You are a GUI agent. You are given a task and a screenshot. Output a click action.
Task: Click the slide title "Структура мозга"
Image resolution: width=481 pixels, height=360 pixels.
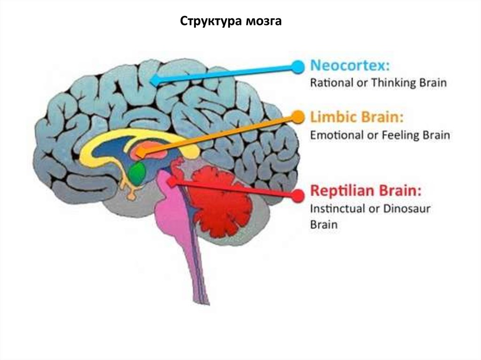(x=231, y=22)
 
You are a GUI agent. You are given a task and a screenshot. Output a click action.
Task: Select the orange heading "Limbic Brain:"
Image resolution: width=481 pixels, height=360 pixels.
(x=357, y=117)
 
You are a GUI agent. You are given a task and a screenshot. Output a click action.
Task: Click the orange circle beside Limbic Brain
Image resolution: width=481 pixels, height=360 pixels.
(x=297, y=116)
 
